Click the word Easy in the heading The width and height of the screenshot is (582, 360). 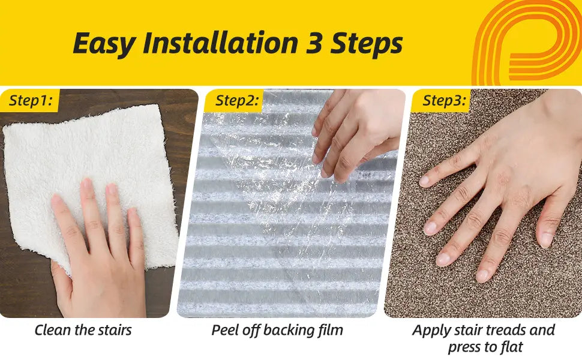pos(104,43)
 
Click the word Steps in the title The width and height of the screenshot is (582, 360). pos(367,44)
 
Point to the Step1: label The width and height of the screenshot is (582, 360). pos(31,101)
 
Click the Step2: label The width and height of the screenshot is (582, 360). pos(237,101)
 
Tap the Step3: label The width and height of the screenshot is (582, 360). pos(444,101)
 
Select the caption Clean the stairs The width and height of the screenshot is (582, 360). pos(83,330)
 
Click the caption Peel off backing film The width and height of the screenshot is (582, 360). pos(277,331)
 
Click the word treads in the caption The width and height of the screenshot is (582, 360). pos(506,330)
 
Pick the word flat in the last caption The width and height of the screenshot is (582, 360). pos(512,347)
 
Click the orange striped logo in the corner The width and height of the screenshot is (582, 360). pos(527,43)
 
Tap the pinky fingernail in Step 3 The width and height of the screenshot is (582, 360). pos(424,181)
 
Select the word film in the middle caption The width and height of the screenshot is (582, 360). pos(331,330)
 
